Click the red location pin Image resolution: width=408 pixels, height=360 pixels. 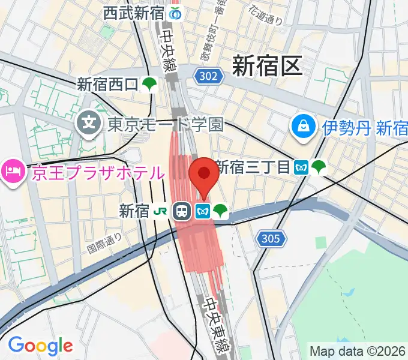point(203,174)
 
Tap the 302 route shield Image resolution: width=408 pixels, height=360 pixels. point(209,75)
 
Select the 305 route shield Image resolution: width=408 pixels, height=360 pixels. point(271,239)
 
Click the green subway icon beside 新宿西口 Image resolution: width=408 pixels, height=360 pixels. point(149,85)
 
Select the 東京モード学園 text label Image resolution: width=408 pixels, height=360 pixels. point(165,125)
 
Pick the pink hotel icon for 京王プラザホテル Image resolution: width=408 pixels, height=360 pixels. point(13,173)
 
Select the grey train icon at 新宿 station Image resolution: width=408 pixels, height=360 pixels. point(181,211)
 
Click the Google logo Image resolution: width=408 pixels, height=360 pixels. point(40,346)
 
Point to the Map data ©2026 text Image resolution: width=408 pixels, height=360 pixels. point(358,350)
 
